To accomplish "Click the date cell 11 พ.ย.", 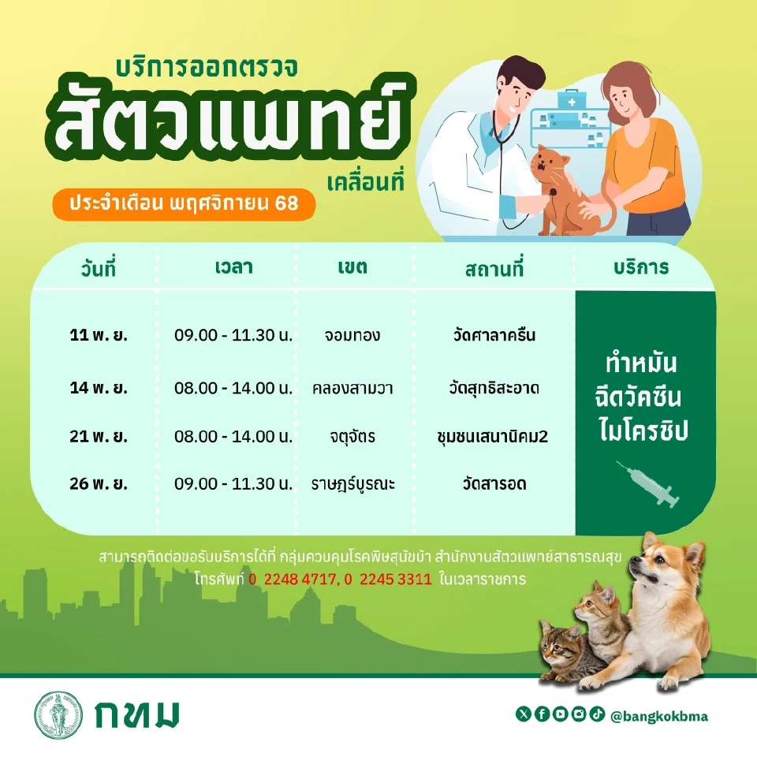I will [99, 335].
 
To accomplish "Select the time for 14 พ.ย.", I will [233, 389].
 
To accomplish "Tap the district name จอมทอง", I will [352, 335].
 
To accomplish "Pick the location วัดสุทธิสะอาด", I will [495, 389].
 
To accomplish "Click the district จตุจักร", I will [352, 436].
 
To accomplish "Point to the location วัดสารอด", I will [494, 483].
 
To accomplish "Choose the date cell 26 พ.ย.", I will [99, 483].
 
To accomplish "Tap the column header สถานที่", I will [494, 268].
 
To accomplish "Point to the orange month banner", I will [184, 204].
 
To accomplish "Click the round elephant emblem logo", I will [58, 715].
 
